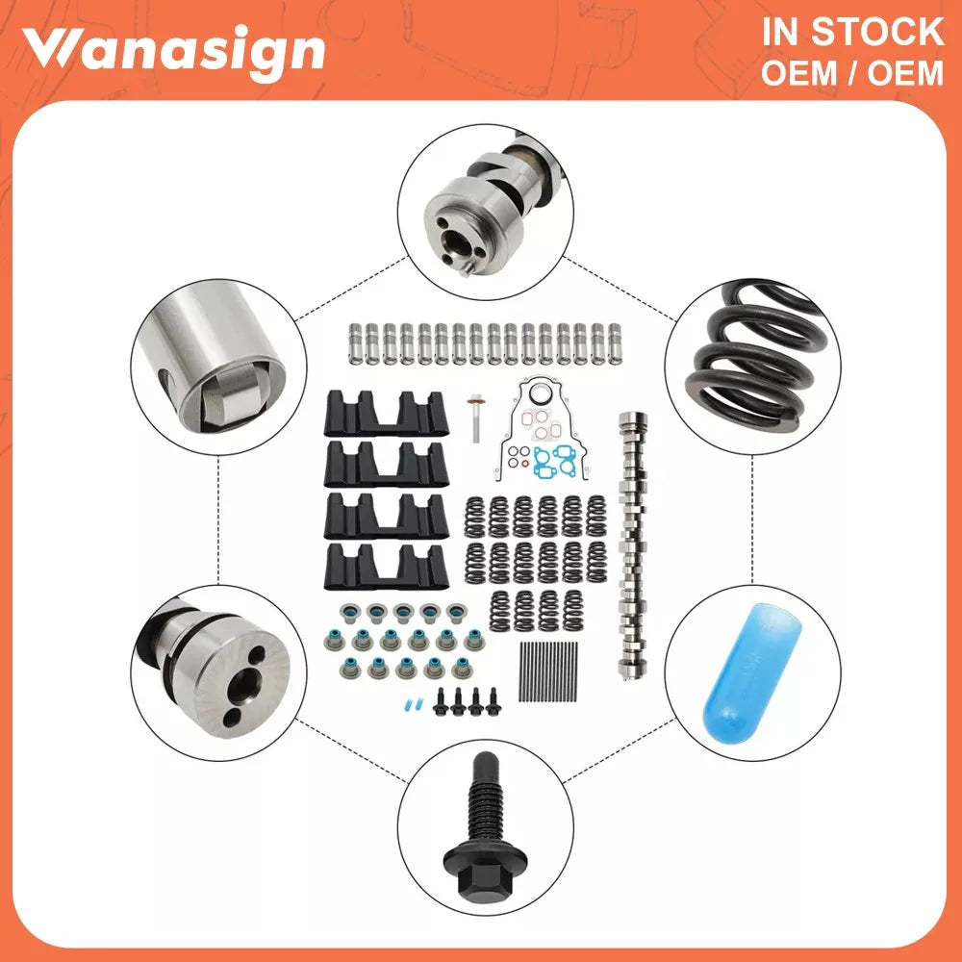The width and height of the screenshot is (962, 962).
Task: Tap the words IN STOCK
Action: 852,32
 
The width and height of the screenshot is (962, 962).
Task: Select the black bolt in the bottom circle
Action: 485,826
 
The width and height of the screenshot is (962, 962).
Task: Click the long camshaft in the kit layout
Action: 633,546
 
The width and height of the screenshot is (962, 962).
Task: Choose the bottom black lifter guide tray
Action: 386,567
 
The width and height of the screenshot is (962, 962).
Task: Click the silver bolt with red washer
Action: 475,418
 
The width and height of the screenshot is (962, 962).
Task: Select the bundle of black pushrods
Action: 548,671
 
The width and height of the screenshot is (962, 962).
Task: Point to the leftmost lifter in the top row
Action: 354,343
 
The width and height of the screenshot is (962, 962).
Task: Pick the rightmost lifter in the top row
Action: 614,343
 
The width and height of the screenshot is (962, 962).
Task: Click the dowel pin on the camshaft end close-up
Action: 468,267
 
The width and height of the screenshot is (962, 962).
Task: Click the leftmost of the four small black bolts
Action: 440,702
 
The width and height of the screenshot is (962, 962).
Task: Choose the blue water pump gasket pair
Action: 553,460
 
